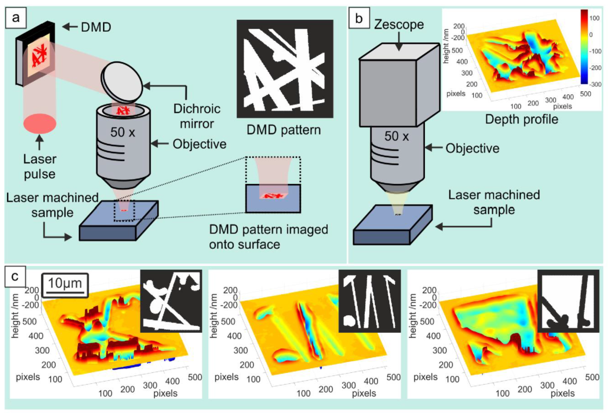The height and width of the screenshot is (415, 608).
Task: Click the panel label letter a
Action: [15, 18]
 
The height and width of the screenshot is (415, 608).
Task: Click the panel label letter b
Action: [359, 18]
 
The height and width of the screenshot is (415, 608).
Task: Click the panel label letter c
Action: [15, 277]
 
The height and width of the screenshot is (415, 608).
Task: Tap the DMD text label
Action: [96, 27]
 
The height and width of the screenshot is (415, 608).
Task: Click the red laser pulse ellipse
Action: [40, 124]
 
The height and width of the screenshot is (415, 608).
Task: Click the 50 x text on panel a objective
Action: [123, 132]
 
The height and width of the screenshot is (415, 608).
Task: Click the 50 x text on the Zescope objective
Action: [396, 136]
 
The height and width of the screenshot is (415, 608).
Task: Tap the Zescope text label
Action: [399, 25]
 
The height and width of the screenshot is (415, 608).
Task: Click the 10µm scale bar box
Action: [65, 285]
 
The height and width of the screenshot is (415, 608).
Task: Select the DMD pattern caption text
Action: [283, 130]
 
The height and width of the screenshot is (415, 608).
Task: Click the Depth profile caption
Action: [521, 119]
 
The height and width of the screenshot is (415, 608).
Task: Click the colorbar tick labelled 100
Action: [594, 18]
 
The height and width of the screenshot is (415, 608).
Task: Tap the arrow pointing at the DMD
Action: [70, 27]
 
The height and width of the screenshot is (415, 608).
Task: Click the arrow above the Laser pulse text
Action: [39, 142]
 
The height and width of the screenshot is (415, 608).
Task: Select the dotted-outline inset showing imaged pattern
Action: [273, 184]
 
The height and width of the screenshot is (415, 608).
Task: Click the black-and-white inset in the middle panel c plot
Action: [370, 301]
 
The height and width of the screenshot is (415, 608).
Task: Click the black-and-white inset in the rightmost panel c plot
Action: [568, 301]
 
